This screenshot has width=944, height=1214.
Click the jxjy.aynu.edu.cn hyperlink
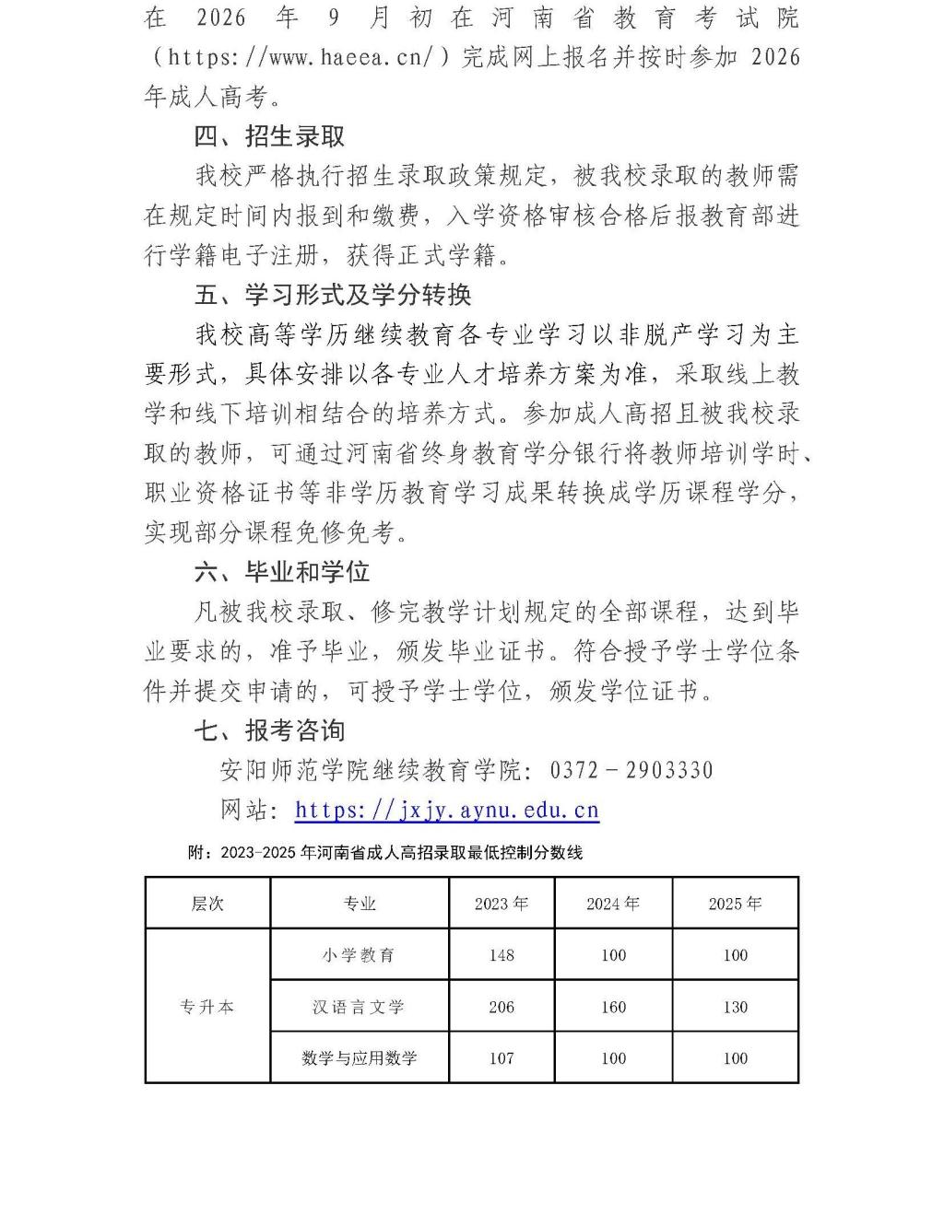(447, 811)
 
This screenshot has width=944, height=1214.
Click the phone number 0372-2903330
(631, 770)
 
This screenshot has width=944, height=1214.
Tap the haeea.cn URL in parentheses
(304, 57)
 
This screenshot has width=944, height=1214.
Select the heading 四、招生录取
(269, 136)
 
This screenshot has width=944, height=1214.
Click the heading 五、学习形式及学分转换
(333, 295)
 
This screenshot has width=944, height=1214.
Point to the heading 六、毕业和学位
(282, 572)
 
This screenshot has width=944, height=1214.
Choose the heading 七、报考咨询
(269, 730)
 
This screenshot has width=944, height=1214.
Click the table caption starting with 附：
(385, 853)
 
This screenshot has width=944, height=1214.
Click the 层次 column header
(207, 904)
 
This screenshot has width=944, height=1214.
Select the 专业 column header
(360, 904)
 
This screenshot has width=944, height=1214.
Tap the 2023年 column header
(501, 904)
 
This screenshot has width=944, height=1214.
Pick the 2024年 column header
(613, 904)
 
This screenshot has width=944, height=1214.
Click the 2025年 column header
(735, 904)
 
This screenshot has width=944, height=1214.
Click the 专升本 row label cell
(207, 1007)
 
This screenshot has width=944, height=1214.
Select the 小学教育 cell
(360, 955)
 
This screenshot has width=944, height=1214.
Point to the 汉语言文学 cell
(360, 1007)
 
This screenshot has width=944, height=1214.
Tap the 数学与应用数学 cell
(360, 1058)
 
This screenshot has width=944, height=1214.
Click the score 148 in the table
(501, 955)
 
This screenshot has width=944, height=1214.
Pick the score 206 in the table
(501, 1007)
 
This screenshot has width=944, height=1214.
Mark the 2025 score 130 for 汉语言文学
(735, 1007)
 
